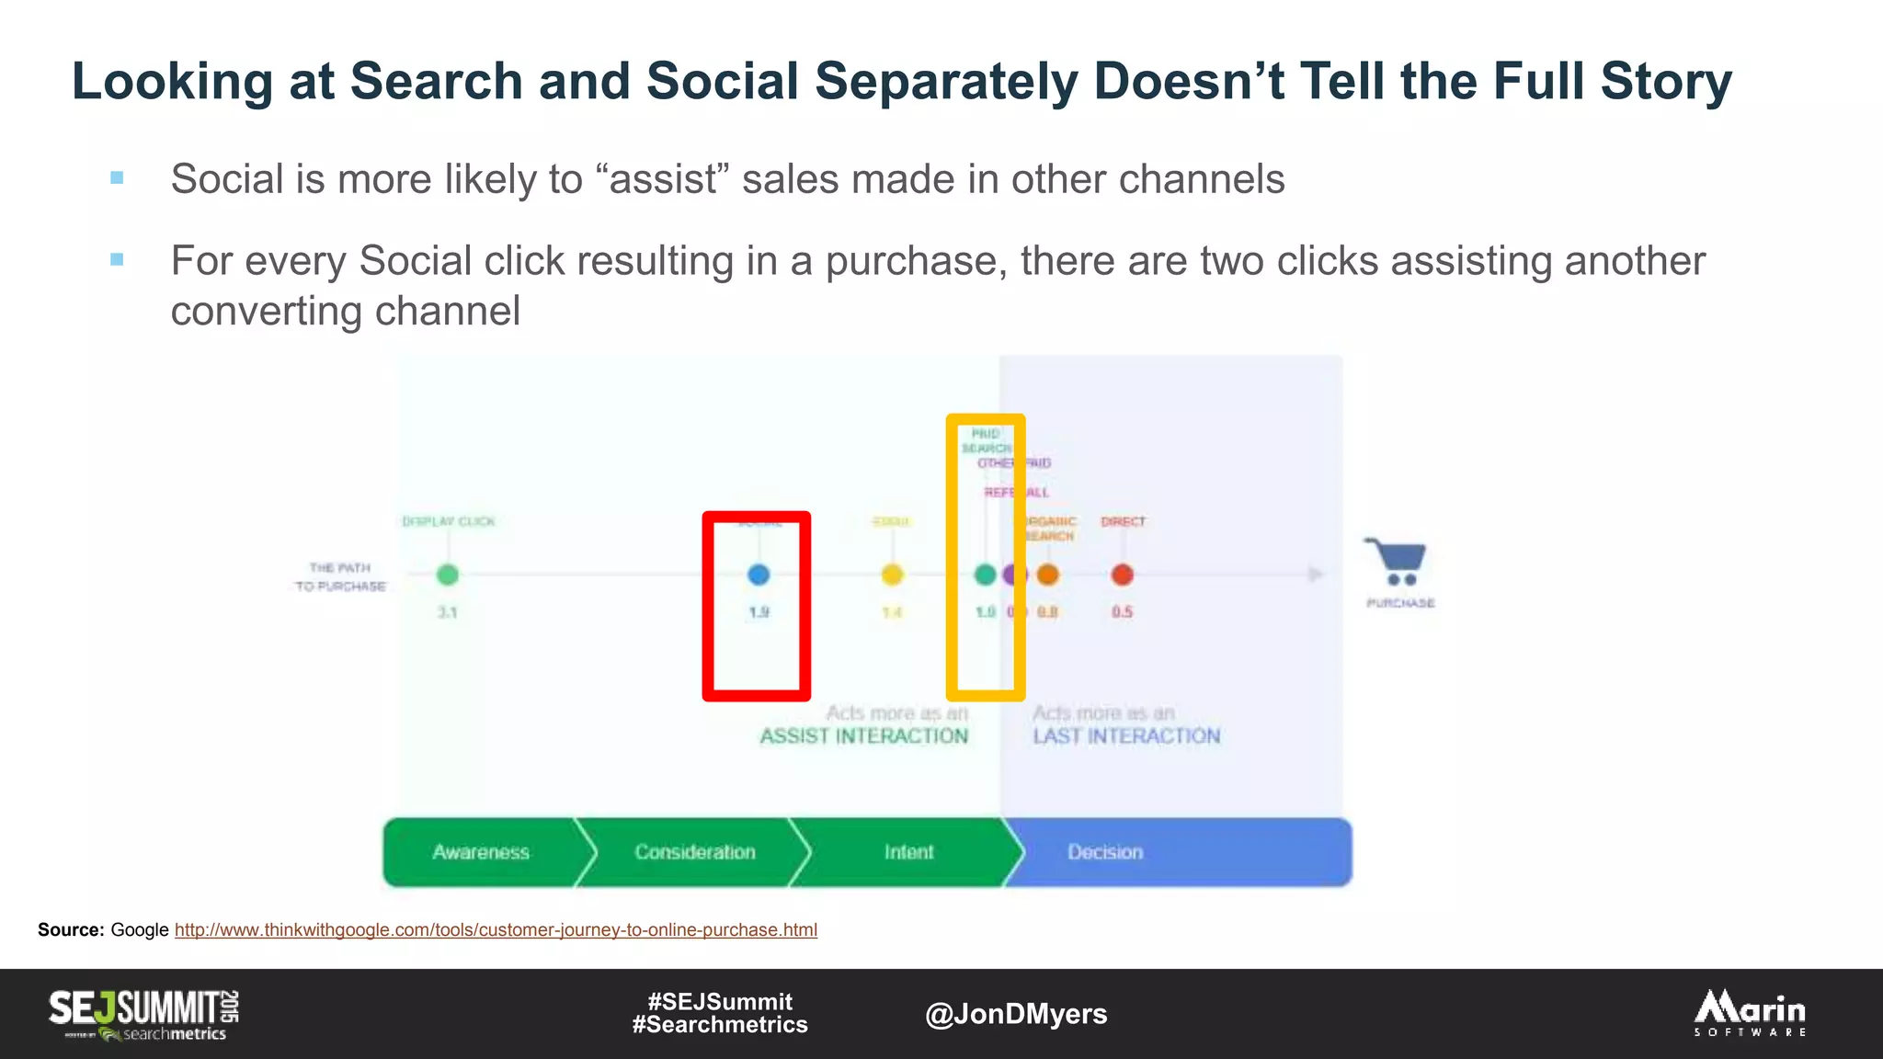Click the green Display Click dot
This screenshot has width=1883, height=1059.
pyautogui.click(x=448, y=575)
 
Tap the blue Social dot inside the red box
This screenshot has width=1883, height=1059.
pyautogui.click(x=759, y=575)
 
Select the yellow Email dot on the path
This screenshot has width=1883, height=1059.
pyautogui.click(x=892, y=575)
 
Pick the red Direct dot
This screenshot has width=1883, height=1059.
pyautogui.click(x=1122, y=575)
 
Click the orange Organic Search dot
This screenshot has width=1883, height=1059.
pyautogui.click(x=1048, y=575)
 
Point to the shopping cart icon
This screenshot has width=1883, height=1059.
pyautogui.click(x=1397, y=562)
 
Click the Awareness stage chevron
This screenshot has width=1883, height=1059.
pyautogui.click(x=481, y=852)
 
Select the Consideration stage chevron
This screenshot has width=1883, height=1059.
pyautogui.click(x=695, y=852)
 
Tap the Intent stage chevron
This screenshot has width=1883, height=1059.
pyautogui.click(x=908, y=852)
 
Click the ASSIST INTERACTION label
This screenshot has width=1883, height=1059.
pyautogui.click(x=863, y=736)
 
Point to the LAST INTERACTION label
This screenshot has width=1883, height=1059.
pyautogui.click(x=1126, y=736)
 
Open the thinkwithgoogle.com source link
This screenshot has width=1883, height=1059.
pyautogui.click(x=496, y=930)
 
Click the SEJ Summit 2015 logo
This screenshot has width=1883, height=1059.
pyautogui.click(x=144, y=1014)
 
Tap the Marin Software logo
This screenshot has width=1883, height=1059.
pyautogui.click(x=1750, y=1013)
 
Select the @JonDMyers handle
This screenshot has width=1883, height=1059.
pyautogui.click(x=1016, y=1014)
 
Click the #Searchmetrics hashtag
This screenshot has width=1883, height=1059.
pyautogui.click(x=720, y=1025)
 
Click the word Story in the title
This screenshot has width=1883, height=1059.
pyautogui.click(x=1666, y=81)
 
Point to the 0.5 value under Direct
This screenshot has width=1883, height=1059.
pyautogui.click(x=1122, y=612)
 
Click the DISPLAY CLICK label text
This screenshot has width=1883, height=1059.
pyautogui.click(x=448, y=521)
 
